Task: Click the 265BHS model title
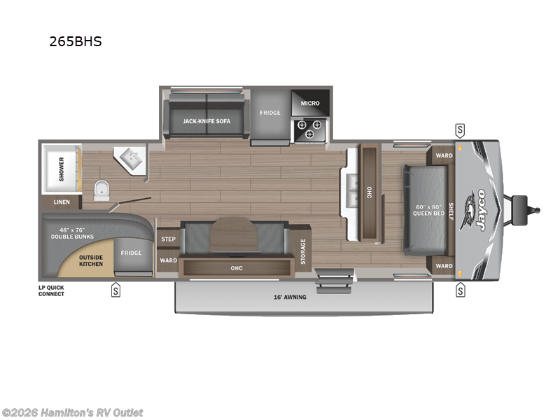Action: click(x=75, y=41)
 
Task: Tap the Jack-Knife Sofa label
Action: click(x=206, y=121)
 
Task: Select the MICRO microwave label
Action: click(x=310, y=103)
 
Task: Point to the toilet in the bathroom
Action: click(x=101, y=188)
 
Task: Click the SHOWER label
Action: click(x=62, y=168)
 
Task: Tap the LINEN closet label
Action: click(x=62, y=202)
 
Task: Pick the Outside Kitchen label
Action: click(x=90, y=260)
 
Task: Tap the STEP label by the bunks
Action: click(x=168, y=239)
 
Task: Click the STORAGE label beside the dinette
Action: click(x=303, y=251)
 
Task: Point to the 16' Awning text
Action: click(x=290, y=297)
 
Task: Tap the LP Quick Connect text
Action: click(x=52, y=290)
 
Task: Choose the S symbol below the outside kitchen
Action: click(x=115, y=290)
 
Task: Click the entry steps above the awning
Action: click(x=325, y=281)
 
